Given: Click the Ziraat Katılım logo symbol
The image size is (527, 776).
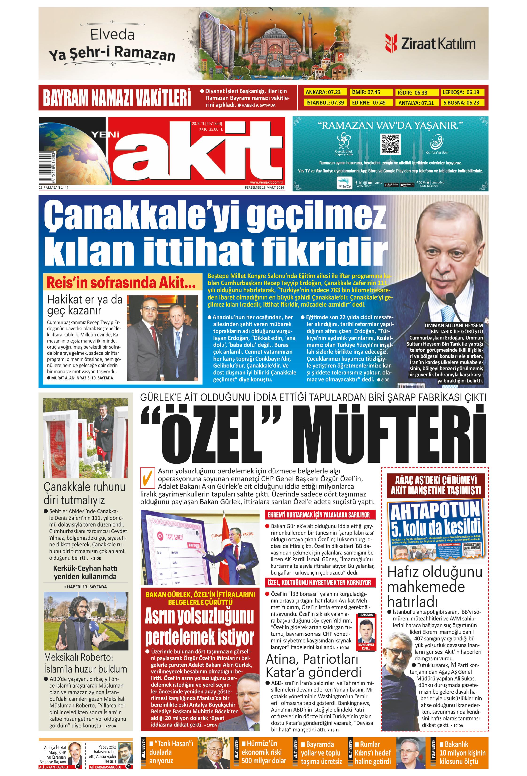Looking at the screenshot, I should [391, 43].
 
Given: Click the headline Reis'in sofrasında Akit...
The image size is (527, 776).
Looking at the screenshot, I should [121, 283].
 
